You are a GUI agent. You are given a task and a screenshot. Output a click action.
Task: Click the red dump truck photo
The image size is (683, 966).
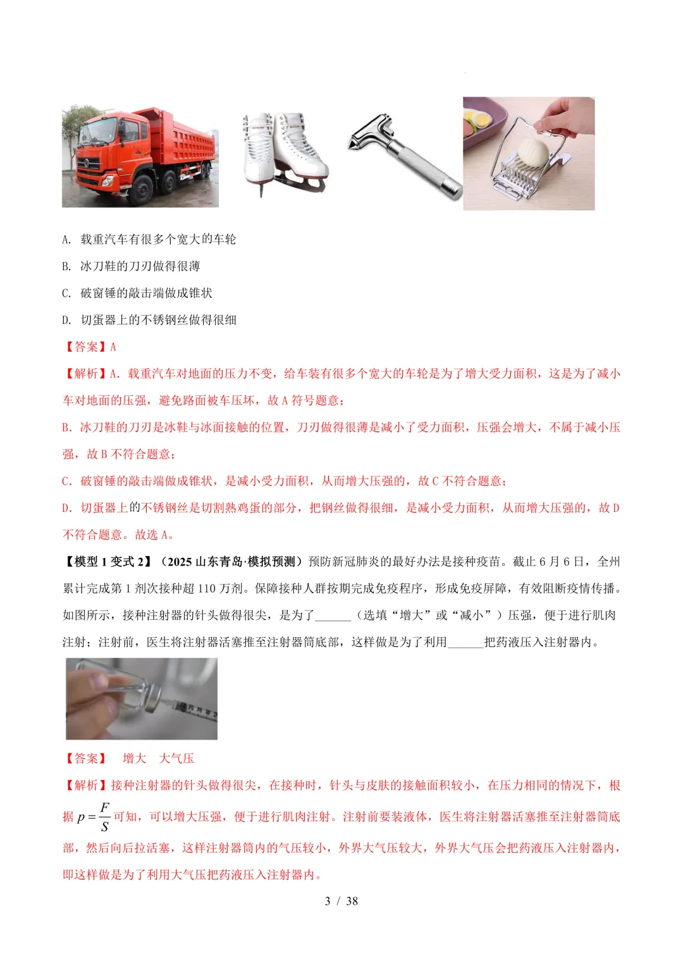pos(140,157)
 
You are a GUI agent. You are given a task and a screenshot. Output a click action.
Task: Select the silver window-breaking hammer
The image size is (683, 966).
pos(405,156)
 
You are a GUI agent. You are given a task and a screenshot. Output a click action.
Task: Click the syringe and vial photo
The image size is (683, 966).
pos(142,698)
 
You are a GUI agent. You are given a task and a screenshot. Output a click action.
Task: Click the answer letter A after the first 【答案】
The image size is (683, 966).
pos(113,347)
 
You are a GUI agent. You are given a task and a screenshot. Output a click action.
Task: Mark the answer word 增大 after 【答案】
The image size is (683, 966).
pos(134,759)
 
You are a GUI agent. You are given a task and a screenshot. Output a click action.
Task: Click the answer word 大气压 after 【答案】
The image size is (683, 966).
pos(176,759)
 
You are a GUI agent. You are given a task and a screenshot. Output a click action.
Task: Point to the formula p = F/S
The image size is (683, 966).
pos(94,817)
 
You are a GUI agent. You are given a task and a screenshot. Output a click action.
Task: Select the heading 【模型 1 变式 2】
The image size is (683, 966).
pos(108,562)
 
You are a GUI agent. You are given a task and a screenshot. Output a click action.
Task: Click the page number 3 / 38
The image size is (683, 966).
pos(341,901)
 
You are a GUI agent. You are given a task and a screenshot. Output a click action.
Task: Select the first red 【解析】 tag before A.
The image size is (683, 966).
pos(86,374)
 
